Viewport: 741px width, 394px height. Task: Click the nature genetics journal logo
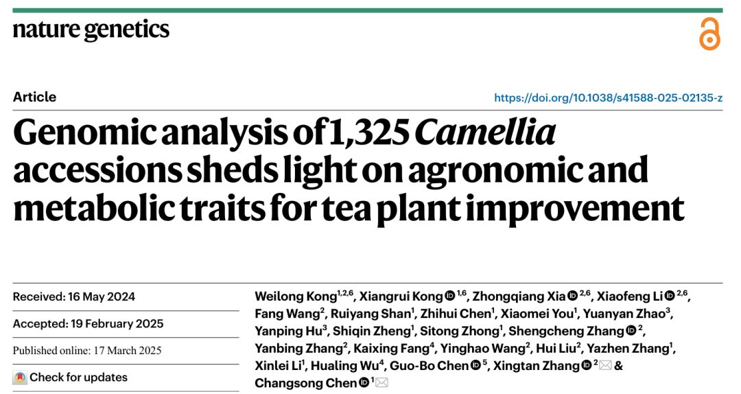(91, 30)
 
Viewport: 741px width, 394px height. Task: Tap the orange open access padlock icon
(709, 34)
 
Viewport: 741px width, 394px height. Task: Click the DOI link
(608, 97)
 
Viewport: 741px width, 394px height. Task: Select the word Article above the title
(34, 97)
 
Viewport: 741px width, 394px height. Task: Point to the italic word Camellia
(484, 132)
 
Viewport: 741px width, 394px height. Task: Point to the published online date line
(87, 350)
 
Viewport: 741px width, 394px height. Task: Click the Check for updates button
(70, 377)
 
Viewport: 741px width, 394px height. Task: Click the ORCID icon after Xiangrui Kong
(450, 297)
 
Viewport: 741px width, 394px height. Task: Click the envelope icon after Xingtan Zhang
(606, 366)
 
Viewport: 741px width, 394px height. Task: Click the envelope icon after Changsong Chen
(382, 383)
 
